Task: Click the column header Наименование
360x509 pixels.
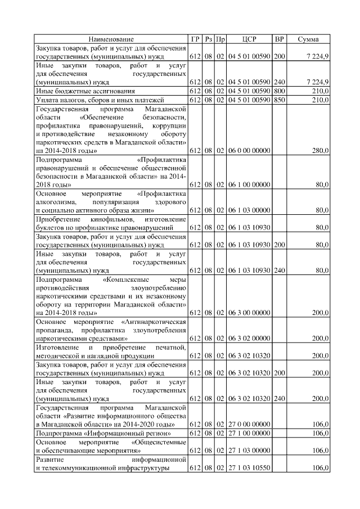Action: click(111, 39)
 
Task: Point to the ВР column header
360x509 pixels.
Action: click(279, 39)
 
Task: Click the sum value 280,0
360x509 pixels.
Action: click(319, 151)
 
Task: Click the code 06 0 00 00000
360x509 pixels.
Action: click(249, 151)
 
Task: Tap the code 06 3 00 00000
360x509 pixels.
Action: click(249, 312)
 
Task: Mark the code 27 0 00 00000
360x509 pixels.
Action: click(249, 424)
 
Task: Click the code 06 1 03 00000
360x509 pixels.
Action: click(249, 210)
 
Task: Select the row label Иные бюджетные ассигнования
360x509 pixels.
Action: click(78, 91)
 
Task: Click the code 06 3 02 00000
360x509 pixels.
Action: click(249, 339)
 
